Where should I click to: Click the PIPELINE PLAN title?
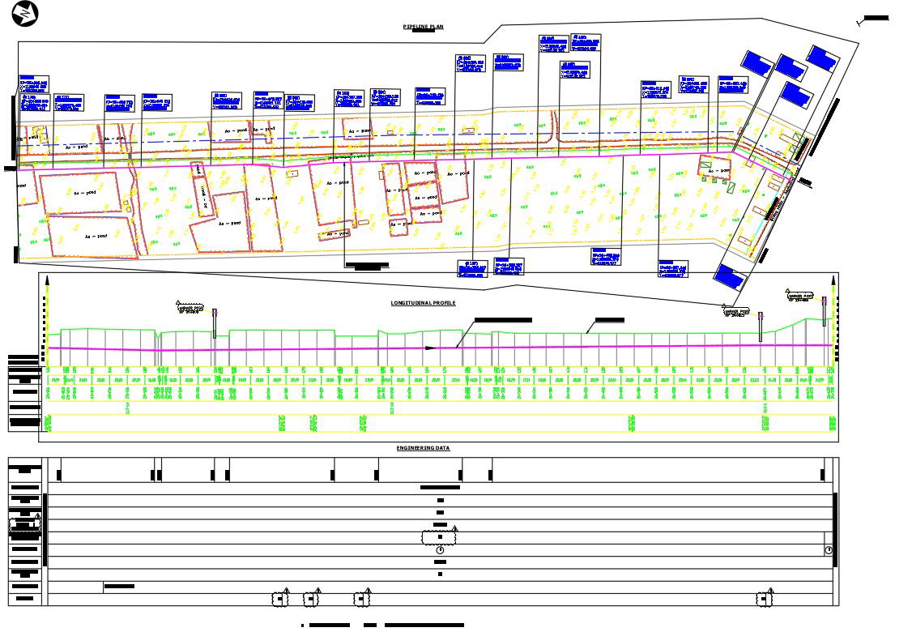424,27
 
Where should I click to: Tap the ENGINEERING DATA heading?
423,447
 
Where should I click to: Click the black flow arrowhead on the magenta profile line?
431,348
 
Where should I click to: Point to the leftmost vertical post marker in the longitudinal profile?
215,323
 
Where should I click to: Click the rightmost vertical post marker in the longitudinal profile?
825,311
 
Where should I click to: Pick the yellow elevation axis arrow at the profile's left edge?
48,283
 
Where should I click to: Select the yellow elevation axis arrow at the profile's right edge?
833,283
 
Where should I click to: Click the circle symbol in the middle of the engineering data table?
440,550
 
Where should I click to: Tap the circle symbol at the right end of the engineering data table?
829,550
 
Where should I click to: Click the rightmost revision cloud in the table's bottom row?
764,599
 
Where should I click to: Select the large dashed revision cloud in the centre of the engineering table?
438,536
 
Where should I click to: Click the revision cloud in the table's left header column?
24,527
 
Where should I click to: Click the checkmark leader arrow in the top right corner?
873,19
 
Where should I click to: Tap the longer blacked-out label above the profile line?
502,320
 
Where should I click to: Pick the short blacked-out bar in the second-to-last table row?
118,586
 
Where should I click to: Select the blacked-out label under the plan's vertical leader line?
366,265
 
